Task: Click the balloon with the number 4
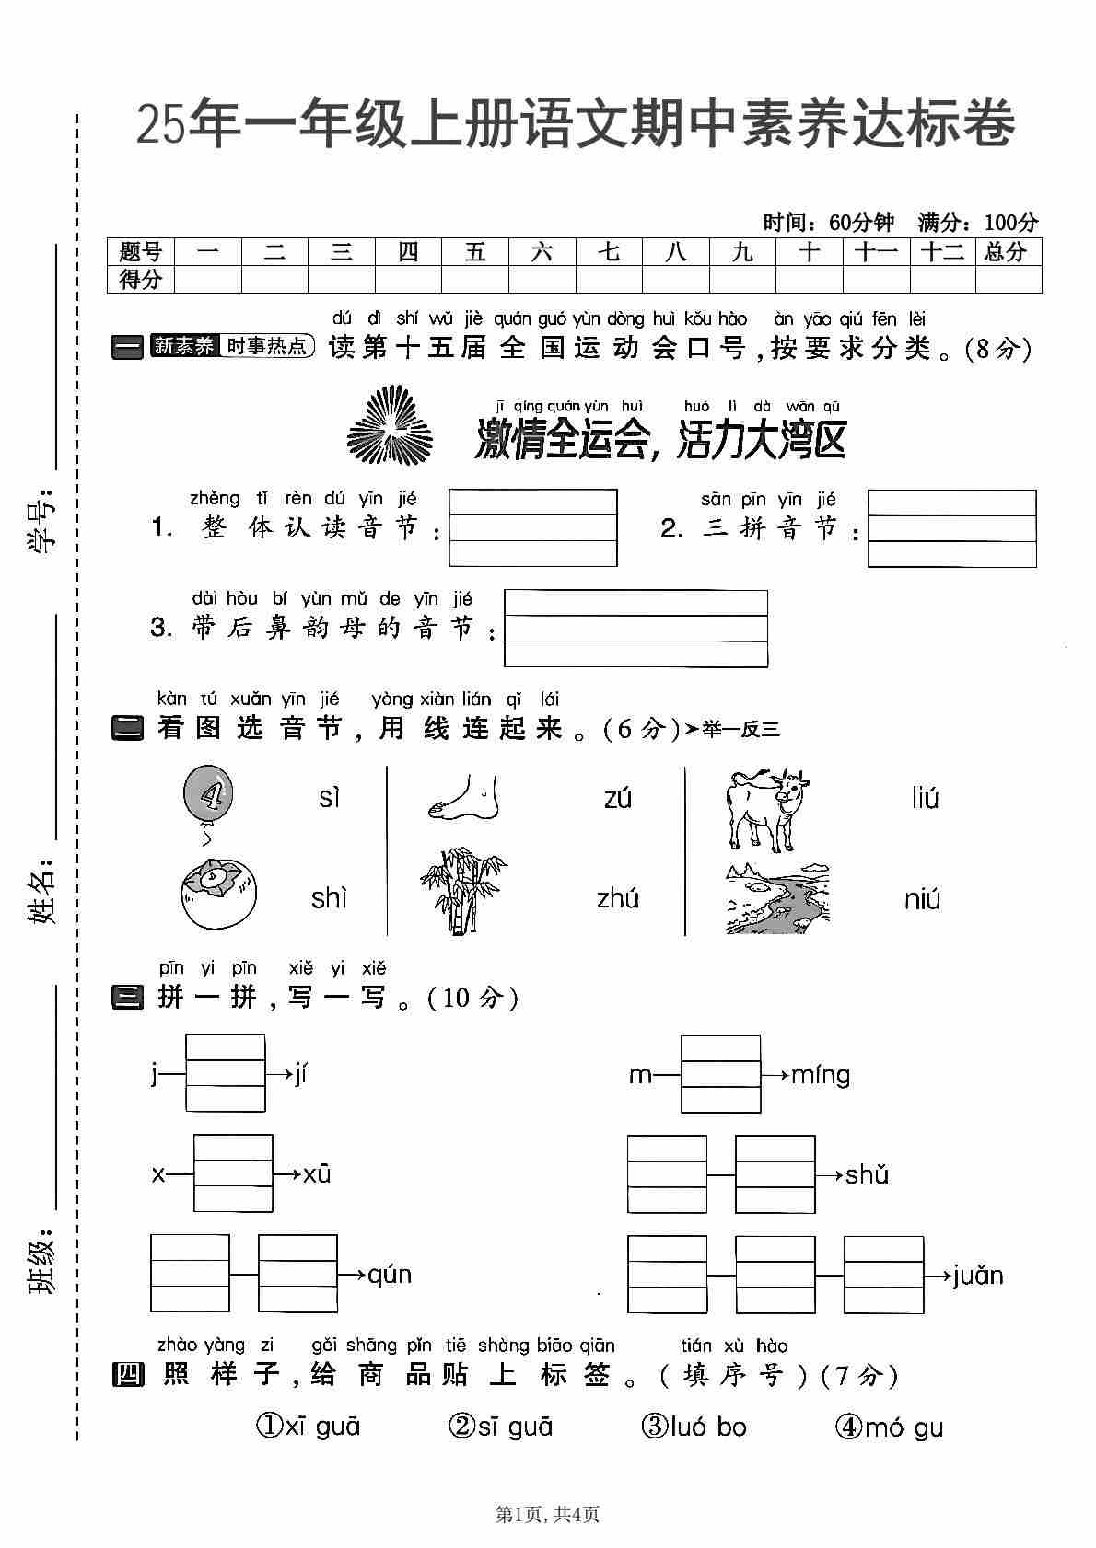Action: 208,793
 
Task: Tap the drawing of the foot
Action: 463,797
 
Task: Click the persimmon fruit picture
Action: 218,894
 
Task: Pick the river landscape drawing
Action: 777,899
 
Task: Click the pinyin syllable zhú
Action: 617,898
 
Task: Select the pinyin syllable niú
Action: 922,898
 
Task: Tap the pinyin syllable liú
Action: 925,798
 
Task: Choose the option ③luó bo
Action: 694,1427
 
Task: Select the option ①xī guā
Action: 308,1427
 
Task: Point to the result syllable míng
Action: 821,1075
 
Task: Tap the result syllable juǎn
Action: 978,1276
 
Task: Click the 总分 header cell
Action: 1006,252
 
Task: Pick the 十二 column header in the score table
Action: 941,252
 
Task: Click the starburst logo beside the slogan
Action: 389,425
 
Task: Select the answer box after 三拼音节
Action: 951,528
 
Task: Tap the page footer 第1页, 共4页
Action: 548,1513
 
